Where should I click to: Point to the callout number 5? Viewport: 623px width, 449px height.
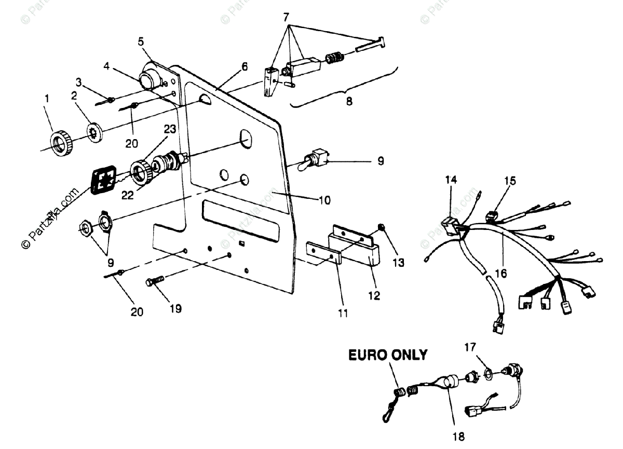[141, 41]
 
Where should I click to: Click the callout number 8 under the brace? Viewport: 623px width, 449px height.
[349, 101]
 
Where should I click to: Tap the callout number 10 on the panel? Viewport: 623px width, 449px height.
[324, 200]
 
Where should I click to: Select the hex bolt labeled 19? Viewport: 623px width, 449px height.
[155, 282]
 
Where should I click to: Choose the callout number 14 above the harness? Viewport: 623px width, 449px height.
[451, 180]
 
